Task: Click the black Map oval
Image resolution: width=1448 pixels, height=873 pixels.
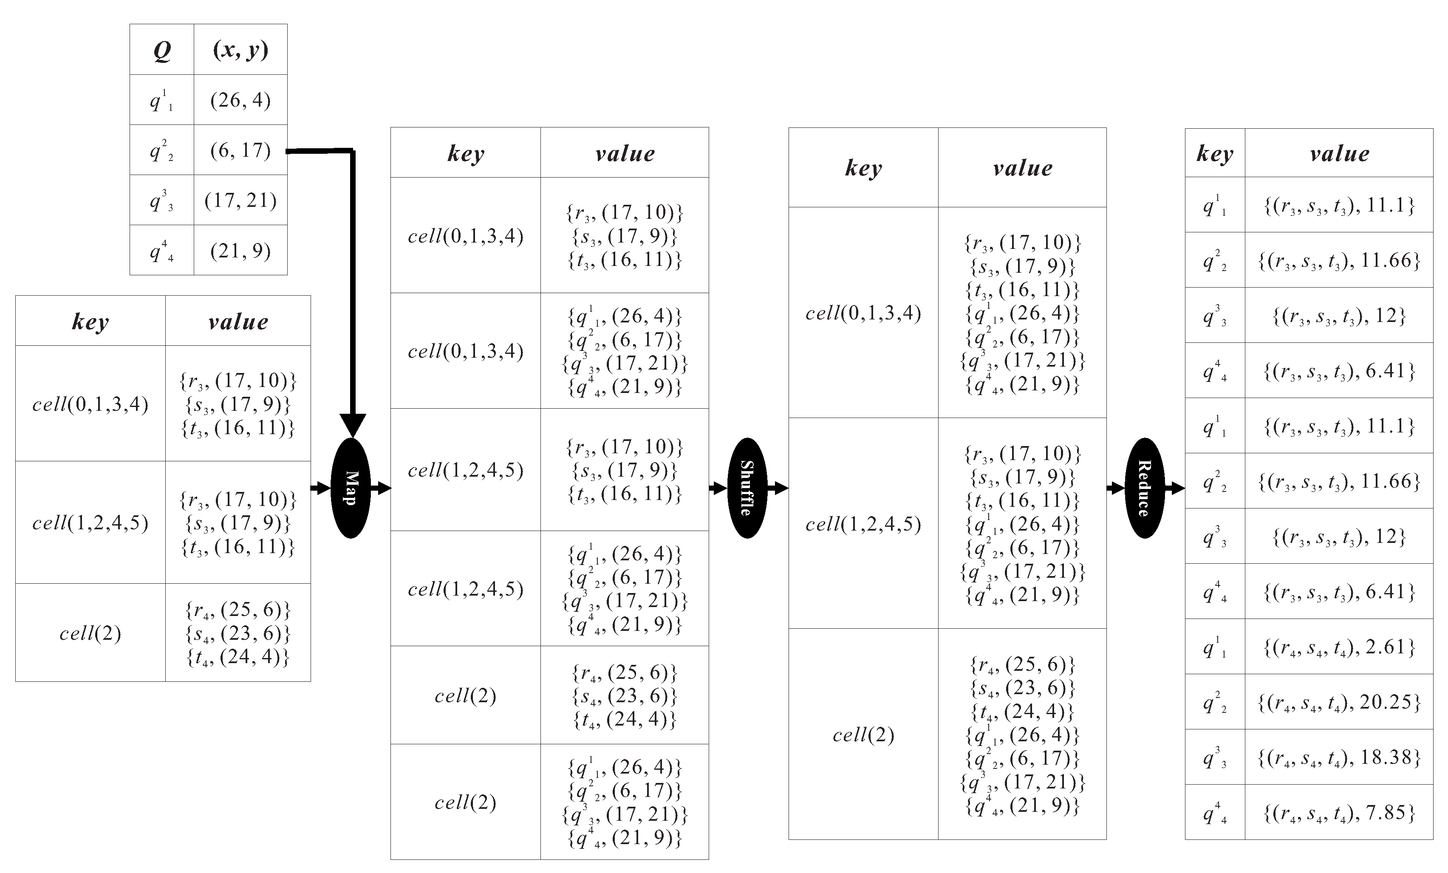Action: click(351, 488)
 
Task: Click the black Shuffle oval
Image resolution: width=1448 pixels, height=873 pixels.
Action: click(747, 488)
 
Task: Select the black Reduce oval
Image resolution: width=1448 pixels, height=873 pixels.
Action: click(1144, 488)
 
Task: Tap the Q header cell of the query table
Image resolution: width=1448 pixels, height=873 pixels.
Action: click(161, 50)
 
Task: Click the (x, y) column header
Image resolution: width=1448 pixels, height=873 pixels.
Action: click(240, 50)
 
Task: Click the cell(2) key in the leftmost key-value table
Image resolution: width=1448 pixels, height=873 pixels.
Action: click(90, 633)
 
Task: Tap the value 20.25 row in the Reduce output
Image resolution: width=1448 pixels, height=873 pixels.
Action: click(1339, 702)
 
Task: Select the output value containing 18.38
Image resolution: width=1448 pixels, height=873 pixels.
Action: click(1339, 757)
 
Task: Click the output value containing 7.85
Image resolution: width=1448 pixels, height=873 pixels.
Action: click(1339, 813)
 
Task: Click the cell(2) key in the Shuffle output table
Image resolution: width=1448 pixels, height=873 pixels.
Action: click(863, 735)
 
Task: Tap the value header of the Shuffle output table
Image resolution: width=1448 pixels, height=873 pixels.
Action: click(1023, 168)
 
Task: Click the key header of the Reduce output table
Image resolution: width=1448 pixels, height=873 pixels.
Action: click(1215, 153)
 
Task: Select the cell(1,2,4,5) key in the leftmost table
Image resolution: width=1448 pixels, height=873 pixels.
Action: click(90, 522)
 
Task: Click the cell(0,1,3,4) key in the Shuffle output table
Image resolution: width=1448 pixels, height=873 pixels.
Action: click(863, 313)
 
